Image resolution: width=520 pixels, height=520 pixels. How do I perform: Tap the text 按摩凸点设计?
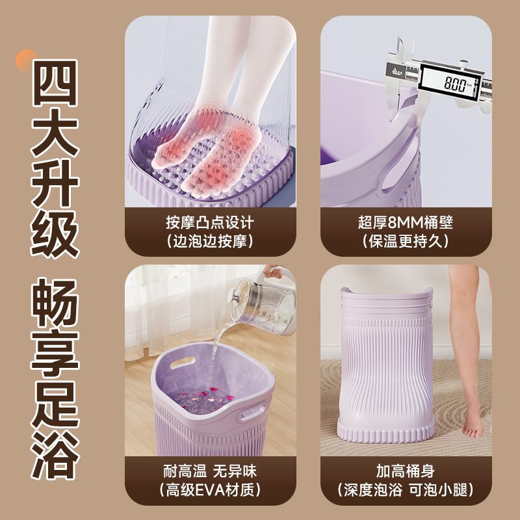tap(209, 222)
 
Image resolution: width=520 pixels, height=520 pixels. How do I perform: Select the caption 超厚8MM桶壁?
tap(405, 222)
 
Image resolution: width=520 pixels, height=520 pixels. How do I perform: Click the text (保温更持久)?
tap(405, 242)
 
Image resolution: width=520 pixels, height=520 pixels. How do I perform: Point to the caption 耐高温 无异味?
tap(209, 471)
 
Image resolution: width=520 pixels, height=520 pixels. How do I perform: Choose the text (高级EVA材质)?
tap(209, 490)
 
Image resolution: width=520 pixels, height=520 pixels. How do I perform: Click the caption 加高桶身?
tap(405, 471)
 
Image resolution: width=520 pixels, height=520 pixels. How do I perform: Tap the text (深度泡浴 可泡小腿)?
tap(405, 490)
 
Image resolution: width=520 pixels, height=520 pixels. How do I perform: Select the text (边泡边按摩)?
tap(209, 242)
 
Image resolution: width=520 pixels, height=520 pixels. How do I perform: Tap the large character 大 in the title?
tap(55, 131)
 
